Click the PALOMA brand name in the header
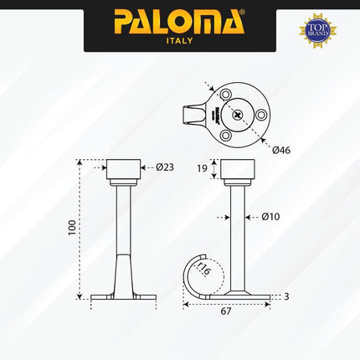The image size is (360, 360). (175, 20)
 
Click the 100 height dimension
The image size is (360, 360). (72, 226)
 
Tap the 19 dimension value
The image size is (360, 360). (203, 169)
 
